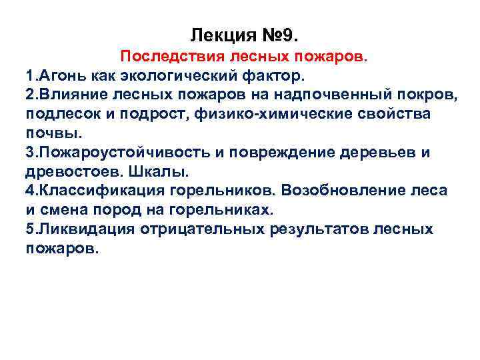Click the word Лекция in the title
[218, 34]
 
